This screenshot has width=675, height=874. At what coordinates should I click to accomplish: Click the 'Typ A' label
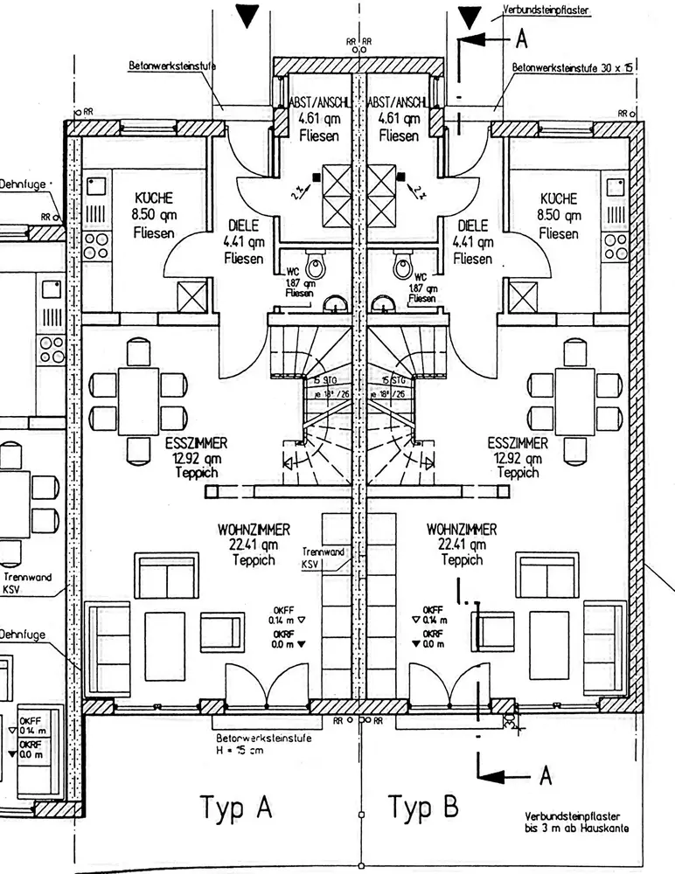237,806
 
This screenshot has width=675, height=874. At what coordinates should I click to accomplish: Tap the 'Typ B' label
423,806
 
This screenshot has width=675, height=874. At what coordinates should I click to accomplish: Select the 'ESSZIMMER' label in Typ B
518,443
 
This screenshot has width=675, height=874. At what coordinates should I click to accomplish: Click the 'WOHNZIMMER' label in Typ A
254,530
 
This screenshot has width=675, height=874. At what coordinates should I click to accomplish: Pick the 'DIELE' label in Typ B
472,225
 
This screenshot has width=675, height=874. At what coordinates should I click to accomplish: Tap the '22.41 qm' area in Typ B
462,545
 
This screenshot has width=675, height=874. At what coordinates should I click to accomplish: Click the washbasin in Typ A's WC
333,303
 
